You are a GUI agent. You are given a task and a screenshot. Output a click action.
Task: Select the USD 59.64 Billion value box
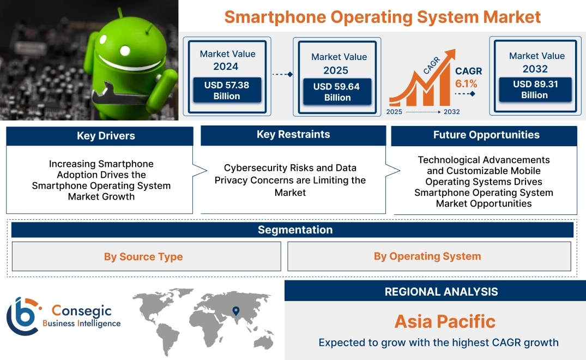337,92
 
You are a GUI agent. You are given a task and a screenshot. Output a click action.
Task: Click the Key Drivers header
106,136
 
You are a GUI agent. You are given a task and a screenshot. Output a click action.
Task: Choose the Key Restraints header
293,135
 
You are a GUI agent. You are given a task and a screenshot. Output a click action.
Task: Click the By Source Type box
143,256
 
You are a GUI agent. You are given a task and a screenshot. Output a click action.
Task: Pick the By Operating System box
427,256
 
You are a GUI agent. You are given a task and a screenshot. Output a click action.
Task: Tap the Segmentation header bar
295,230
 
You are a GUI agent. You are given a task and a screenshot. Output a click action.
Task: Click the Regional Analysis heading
441,291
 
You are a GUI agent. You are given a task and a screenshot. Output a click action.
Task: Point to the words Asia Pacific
445,321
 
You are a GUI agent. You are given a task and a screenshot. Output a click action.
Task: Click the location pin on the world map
235,311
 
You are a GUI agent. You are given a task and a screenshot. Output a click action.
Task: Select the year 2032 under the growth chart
451,112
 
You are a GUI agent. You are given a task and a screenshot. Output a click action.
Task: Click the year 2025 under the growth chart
395,112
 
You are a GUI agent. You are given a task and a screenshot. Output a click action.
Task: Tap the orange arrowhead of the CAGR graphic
450,55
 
